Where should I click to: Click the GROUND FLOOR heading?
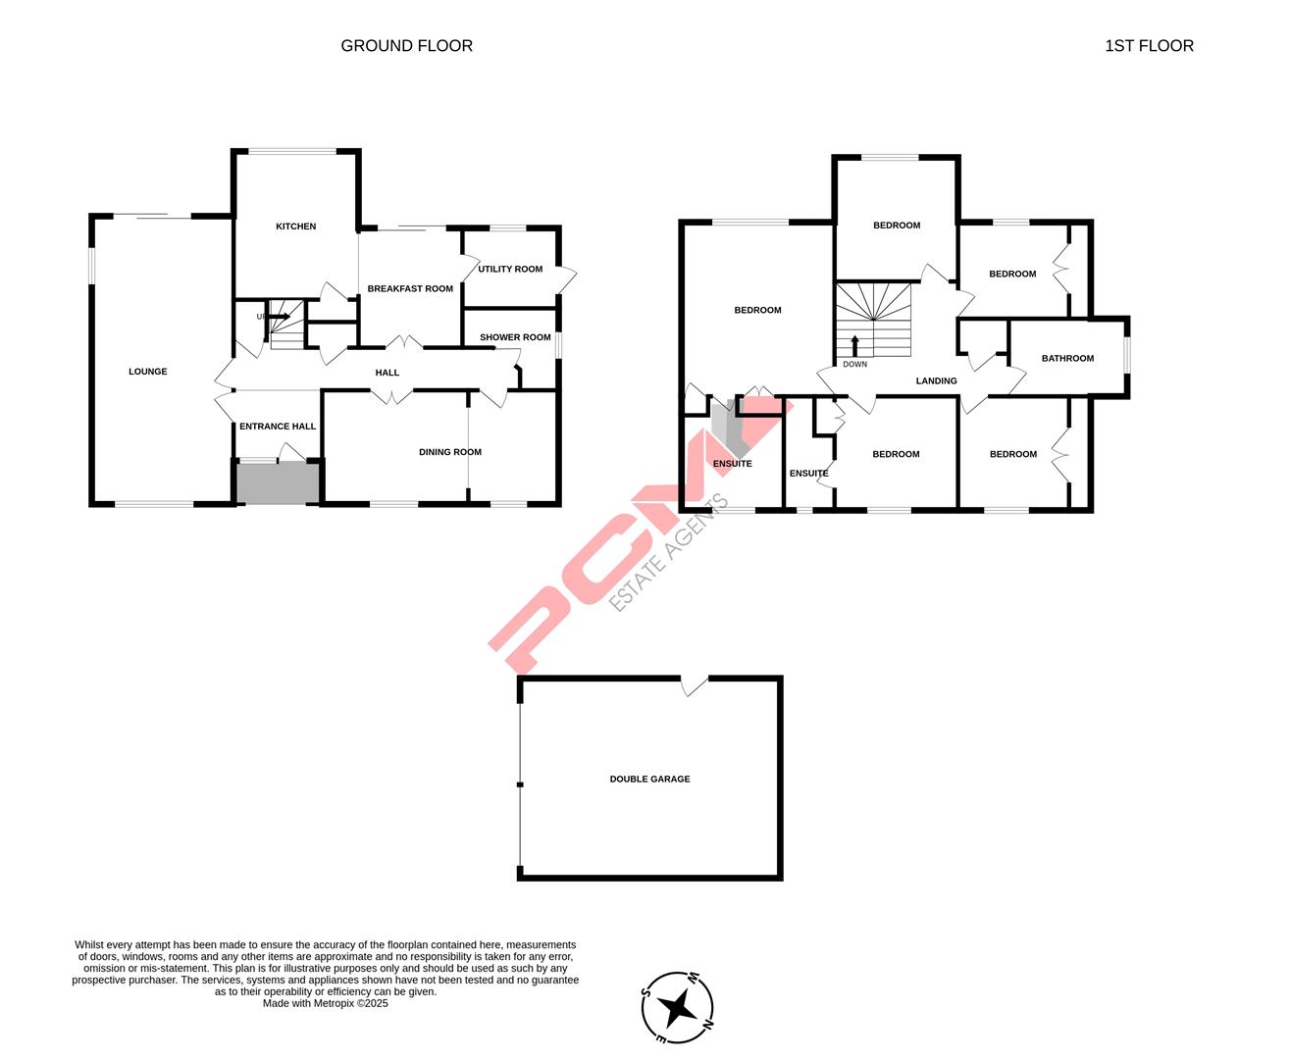pyautogui.click(x=406, y=46)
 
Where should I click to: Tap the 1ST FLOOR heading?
pyautogui.click(x=1149, y=46)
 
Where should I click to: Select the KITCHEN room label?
pyautogui.click(x=295, y=227)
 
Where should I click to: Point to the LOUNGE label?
pyautogui.click(x=148, y=372)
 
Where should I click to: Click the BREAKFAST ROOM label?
pyautogui.click(x=410, y=289)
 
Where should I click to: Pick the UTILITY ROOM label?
pyautogui.click(x=510, y=270)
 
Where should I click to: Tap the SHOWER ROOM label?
pyautogui.click(x=515, y=337)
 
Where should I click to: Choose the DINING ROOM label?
pyautogui.click(x=450, y=452)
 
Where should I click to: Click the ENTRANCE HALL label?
pyautogui.click(x=278, y=427)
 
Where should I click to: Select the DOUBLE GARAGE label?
pyautogui.click(x=649, y=780)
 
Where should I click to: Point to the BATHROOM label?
pyautogui.click(x=1067, y=359)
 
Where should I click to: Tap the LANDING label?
pyautogui.click(x=936, y=381)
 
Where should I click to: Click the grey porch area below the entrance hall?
pyautogui.click(x=279, y=483)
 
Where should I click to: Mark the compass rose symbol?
pyautogui.click(x=677, y=1007)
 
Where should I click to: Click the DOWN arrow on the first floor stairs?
pyautogui.click(x=854, y=345)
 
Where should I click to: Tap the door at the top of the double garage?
pyautogui.click(x=695, y=684)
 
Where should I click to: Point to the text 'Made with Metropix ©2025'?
pyautogui.click(x=326, y=1004)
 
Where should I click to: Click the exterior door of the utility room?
pyautogui.click(x=566, y=278)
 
